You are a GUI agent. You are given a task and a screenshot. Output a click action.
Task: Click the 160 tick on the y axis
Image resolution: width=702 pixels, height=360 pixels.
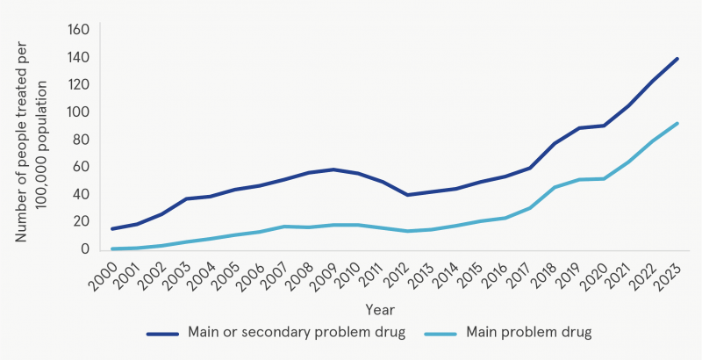(78, 30)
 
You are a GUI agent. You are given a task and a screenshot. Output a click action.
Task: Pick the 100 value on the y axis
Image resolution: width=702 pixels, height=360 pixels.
(78, 112)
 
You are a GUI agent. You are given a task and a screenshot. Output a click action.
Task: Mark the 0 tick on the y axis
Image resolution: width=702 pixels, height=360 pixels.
(85, 249)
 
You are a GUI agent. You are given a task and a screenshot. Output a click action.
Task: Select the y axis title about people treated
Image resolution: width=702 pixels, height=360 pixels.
(30, 140)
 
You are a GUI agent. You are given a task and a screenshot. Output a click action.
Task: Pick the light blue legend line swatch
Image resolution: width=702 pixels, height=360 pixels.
(441, 334)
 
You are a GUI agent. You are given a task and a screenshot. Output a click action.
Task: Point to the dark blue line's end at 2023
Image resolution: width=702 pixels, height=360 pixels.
(677, 59)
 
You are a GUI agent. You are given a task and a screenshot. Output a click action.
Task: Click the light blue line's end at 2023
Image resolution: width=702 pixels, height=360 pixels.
(677, 123)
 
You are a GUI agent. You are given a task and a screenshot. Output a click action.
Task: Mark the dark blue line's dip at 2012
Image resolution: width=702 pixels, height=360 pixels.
(407, 195)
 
